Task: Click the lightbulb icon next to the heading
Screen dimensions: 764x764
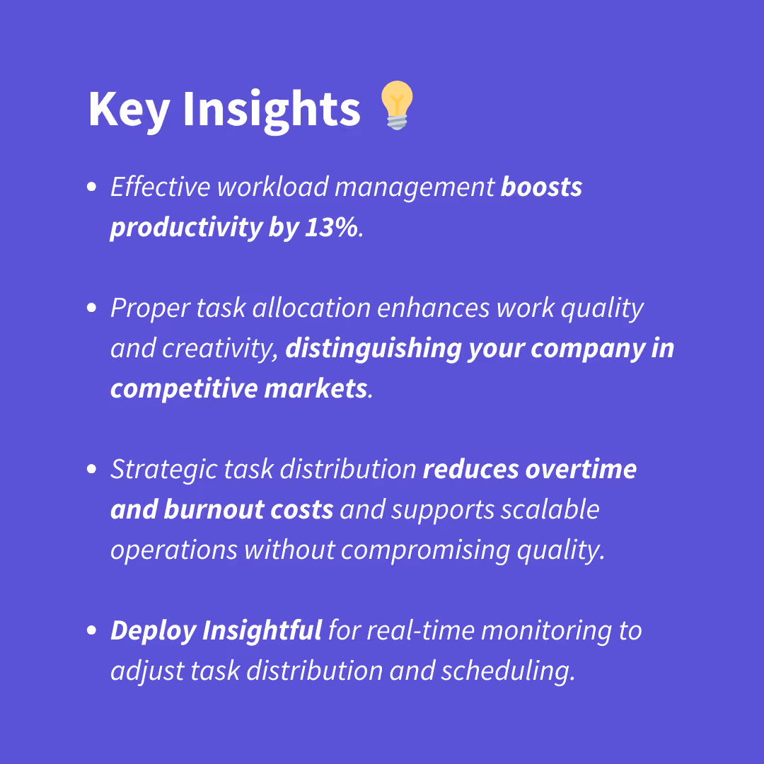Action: coord(397,105)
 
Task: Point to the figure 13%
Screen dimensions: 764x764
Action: coord(331,227)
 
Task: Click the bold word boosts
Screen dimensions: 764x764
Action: coord(541,187)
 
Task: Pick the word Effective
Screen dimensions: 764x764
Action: coord(161,187)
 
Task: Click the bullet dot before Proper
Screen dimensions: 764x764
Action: coord(91,308)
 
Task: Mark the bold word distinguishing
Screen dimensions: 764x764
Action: coord(374,349)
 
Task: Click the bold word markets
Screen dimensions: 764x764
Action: coord(316,389)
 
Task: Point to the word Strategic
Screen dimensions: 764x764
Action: coord(163,470)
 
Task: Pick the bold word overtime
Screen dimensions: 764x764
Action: coord(581,470)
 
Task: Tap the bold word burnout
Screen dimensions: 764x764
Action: coord(214,509)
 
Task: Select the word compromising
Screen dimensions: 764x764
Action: coord(425,550)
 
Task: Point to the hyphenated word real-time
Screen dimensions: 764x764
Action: coord(420,631)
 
